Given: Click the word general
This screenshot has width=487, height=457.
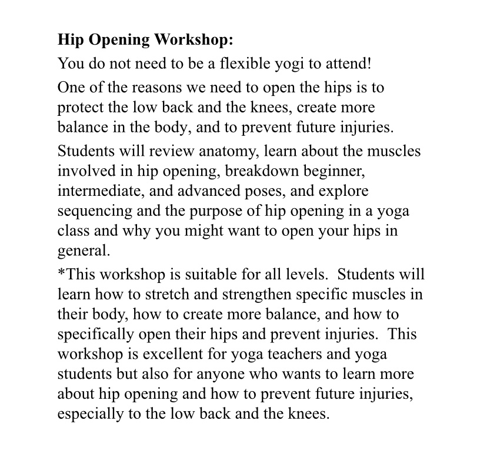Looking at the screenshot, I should tap(84, 251).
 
